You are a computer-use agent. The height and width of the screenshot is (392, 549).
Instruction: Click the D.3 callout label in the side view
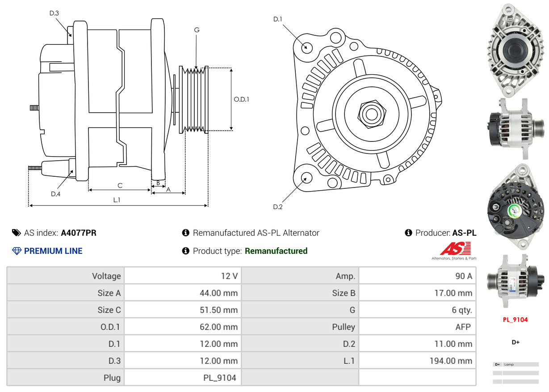pyautogui.click(x=54, y=13)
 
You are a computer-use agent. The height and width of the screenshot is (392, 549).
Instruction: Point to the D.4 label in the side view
pyautogui.click(x=55, y=194)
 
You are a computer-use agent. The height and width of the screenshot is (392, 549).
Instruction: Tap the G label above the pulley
pyautogui.click(x=197, y=30)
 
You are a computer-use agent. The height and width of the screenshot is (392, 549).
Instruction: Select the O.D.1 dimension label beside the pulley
pyautogui.click(x=241, y=99)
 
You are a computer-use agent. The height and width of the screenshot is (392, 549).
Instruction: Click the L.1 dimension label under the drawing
pyautogui.click(x=117, y=200)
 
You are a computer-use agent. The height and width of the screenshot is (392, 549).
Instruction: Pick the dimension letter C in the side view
pyautogui.click(x=120, y=185)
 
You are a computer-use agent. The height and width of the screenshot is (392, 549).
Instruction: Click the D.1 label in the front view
pyautogui.click(x=278, y=19)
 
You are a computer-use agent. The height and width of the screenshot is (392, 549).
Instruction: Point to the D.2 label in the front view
pyautogui.click(x=278, y=207)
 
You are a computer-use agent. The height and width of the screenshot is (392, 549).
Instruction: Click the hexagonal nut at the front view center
pyautogui.click(x=371, y=113)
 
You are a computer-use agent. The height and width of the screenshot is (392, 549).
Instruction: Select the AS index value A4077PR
pyautogui.click(x=79, y=233)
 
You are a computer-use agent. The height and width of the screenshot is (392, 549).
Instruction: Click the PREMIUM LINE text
pyautogui.click(x=53, y=251)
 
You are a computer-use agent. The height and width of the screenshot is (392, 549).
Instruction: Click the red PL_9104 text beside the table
pyautogui.click(x=515, y=320)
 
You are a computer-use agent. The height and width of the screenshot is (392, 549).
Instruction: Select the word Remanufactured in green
pyautogui.click(x=276, y=251)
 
